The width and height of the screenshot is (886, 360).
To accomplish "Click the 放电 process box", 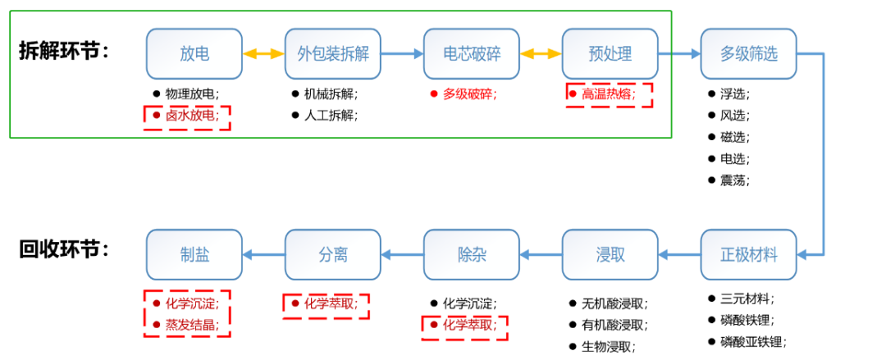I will [x=194, y=54].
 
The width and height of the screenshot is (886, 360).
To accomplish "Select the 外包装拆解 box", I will [x=333, y=54].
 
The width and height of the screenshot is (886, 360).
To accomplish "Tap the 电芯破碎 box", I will [x=472, y=54].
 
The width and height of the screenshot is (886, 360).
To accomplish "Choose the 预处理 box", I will [x=610, y=54].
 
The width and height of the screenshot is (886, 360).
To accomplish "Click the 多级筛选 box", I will [x=748, y=54].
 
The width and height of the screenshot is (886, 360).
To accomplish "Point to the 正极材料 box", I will [x=748, y=254].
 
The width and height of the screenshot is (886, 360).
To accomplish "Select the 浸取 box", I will [x=610, y=254].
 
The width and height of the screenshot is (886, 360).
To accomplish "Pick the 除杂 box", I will [x=472, y=254].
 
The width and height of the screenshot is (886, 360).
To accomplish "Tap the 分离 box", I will [x=333, y=254].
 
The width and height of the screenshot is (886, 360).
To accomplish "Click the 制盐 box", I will [x=194, y=254].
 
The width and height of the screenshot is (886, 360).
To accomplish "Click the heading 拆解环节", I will [x=64, y=51].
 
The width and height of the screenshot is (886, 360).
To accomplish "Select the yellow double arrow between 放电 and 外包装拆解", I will [x=263, y=54].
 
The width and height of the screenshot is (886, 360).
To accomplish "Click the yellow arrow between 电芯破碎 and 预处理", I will [x=541, y=54].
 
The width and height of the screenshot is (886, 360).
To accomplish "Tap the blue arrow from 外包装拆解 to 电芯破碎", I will [x=402, y=54].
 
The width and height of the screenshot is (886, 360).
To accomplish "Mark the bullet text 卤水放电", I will [x=193, y=116].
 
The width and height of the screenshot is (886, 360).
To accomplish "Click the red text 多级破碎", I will [x=469, y=93].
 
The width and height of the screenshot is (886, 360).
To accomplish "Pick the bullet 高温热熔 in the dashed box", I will [x=609, y=93].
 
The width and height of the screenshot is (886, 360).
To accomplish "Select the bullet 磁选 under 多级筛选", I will [x=734, y=137].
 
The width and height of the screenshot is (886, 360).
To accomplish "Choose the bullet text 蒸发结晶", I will [x=193, y=325].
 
